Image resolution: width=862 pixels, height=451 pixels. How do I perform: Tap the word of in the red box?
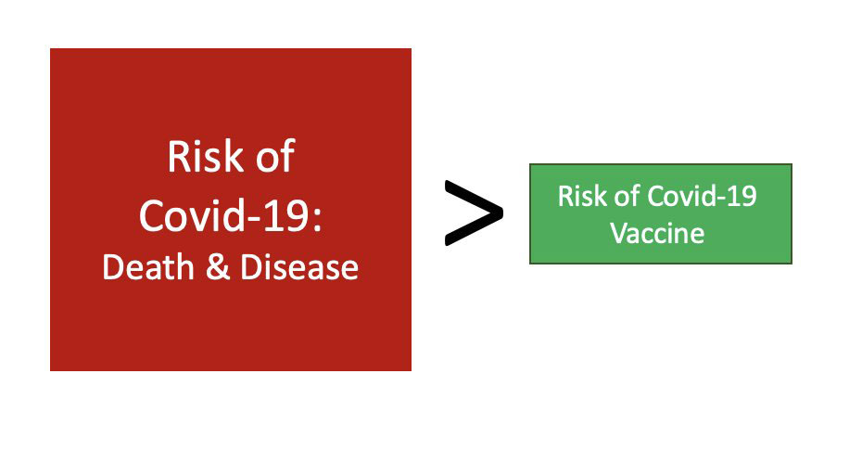click(274, 156)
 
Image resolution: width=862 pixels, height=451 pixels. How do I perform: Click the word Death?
click(148, 267)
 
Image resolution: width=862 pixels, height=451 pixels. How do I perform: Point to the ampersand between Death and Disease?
click(218, 267)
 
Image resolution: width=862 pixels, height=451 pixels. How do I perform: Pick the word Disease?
click(299, 267)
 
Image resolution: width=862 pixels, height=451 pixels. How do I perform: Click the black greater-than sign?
click(474, 213)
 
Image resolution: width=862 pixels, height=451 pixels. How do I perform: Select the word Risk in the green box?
click(582, 196)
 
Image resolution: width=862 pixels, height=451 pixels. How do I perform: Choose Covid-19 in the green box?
click(703, 196)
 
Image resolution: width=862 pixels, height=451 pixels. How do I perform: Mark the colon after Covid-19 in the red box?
click(317, 219)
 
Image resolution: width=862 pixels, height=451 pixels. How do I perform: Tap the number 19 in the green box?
click(743, 196)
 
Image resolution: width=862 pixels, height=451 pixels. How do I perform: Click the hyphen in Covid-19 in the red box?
click(255, 218)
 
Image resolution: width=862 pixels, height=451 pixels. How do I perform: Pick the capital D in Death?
click(113, 267)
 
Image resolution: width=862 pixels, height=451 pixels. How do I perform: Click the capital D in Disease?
click(251, 267)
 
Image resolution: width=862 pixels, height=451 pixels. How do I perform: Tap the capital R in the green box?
click(565, 196)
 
